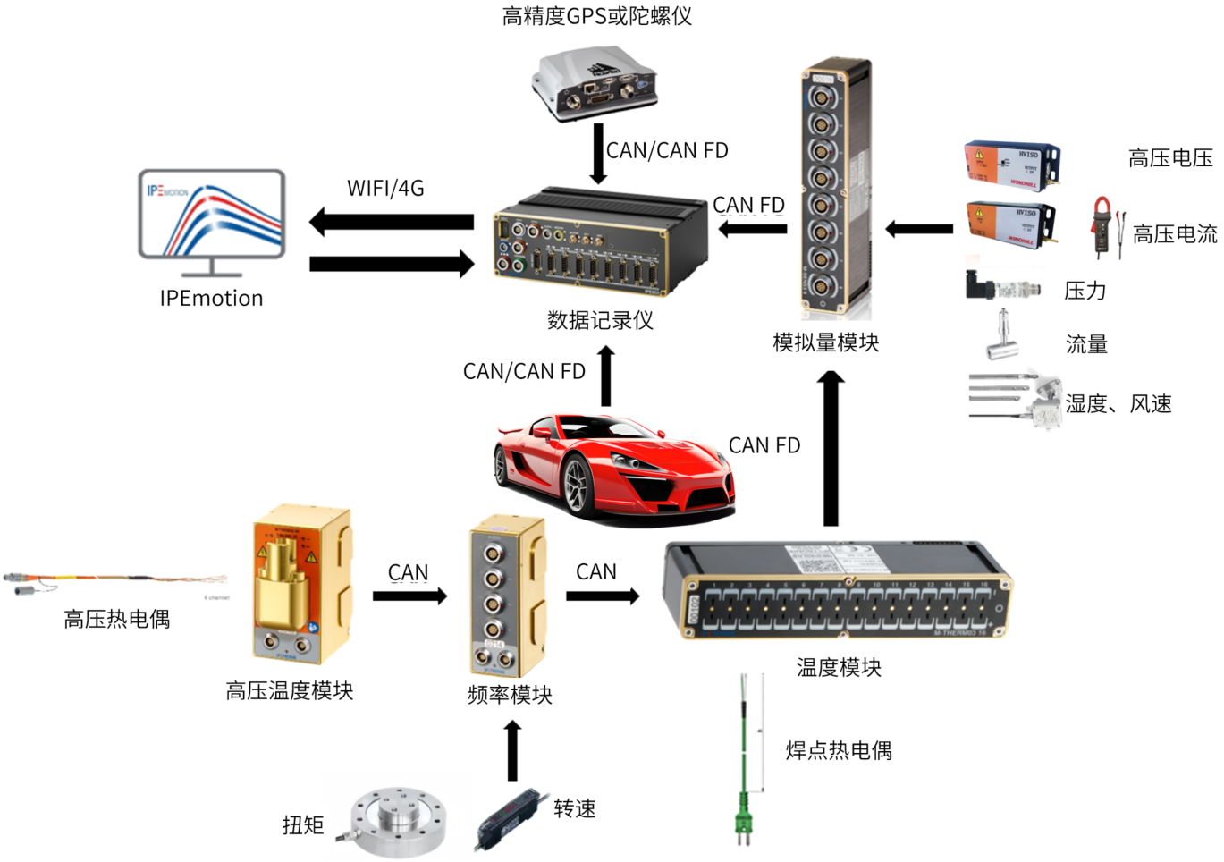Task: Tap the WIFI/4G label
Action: pyautogui.click(x=385, y=189)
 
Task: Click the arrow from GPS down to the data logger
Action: pyautogui.click(x=598, y=153)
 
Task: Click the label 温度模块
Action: pyautogui.click(x=839, y=667)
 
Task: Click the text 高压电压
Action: pyautogui.click(x=1170, y=159)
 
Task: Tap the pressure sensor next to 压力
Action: pyautogui.click(x=1002, y=287)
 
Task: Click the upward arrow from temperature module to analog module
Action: pyautogui.click(x=831, y=447)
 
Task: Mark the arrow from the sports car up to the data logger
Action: pyautogui.click(x=606, y=376)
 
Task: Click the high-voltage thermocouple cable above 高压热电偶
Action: pyautogui.click(x=116, y=580)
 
